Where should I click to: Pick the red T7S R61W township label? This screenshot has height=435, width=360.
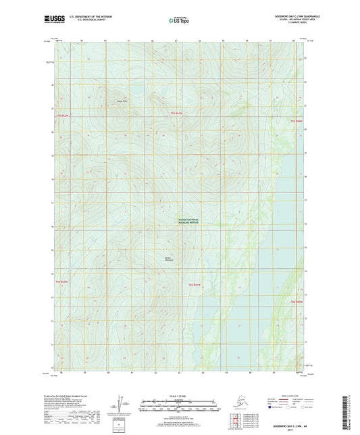[x=176, y=113]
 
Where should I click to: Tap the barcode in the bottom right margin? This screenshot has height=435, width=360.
[x=350, y=412]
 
